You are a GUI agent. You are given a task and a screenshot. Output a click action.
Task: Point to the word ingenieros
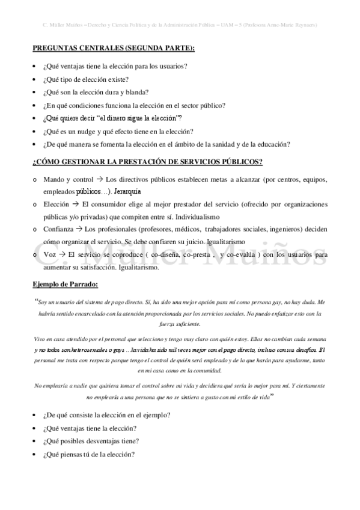point(285,229)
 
